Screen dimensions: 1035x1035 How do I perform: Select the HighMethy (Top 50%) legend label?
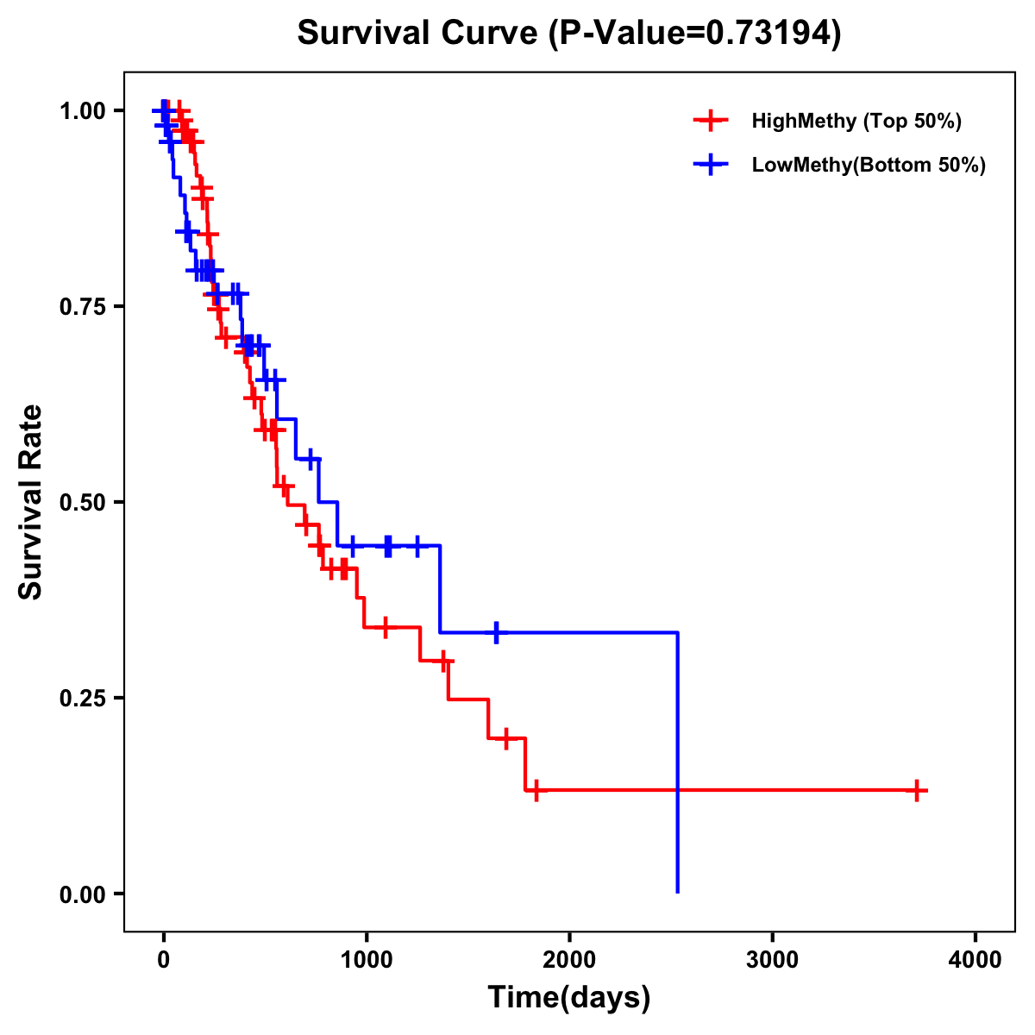coord(856,121)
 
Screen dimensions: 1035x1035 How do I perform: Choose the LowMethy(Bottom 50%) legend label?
coord(869,166)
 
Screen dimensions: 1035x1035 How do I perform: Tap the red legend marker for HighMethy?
coord(710,121)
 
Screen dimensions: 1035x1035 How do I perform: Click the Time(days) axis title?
coord(569,998)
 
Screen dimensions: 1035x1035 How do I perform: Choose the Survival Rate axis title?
coord(31,502)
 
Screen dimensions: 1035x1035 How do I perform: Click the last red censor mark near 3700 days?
coord(917,790)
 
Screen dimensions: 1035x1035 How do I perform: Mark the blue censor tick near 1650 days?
coord(496,632)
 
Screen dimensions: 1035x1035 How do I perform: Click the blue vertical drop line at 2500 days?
coord(678,759)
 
